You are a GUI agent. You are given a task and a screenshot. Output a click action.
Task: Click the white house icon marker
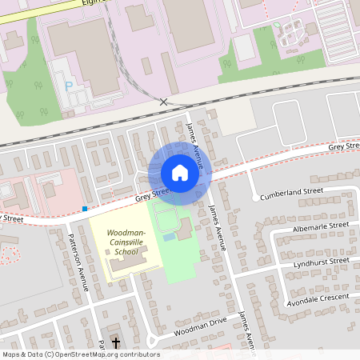point(180,173)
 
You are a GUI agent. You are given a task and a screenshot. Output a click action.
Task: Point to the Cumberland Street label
point(292,192)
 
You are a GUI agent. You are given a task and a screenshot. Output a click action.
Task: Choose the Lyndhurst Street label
point(321,261)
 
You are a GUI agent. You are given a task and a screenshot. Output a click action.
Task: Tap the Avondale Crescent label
point(318,298)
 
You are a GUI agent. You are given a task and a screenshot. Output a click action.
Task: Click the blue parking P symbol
point(69,85)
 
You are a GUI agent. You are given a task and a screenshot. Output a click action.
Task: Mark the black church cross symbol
point(116,342)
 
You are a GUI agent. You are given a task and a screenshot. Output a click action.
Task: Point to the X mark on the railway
point(164,102)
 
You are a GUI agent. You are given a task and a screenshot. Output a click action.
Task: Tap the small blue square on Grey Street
point(85,209)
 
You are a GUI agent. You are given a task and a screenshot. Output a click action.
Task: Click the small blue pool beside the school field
point(168,237)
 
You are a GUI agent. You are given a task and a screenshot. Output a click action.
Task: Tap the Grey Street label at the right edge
point(344,147)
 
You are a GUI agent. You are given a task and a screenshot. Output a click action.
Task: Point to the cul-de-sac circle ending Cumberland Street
point(254,198)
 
